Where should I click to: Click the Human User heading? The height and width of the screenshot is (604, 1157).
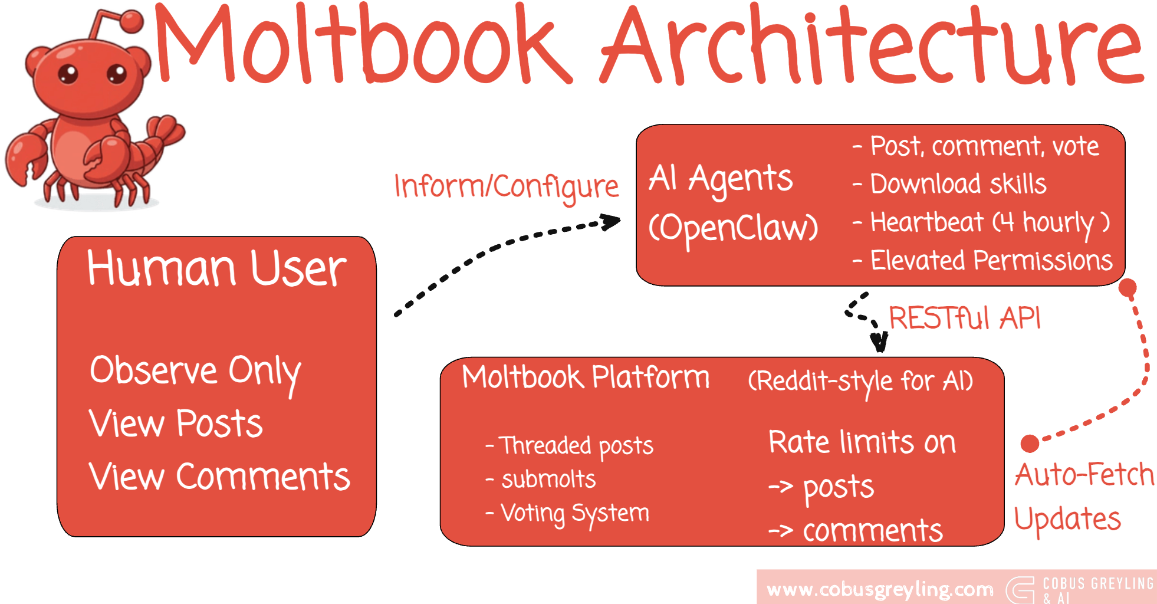coord(216,268)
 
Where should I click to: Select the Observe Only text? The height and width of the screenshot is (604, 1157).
coord(195,372)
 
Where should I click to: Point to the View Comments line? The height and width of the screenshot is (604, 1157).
coord(219,477)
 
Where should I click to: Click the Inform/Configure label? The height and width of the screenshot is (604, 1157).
coord(506,187)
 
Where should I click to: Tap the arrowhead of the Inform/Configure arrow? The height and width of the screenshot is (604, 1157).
coord(612,222)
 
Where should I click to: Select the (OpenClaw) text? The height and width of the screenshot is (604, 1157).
coord(733,228)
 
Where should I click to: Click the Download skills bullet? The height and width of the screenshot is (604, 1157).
coord(958,184)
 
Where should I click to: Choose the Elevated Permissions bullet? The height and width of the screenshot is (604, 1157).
coord(991,261)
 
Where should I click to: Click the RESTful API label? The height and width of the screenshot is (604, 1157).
coord(964,319)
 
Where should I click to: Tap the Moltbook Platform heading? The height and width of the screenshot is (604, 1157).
coord(586,377)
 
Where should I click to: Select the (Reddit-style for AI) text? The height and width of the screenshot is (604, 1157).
coord(860,381)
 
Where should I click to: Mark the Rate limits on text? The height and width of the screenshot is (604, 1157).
coord(862,442)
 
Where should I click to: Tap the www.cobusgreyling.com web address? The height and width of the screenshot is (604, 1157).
coord(879,589)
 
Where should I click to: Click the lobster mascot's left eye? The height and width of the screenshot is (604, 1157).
coord(68,74)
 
